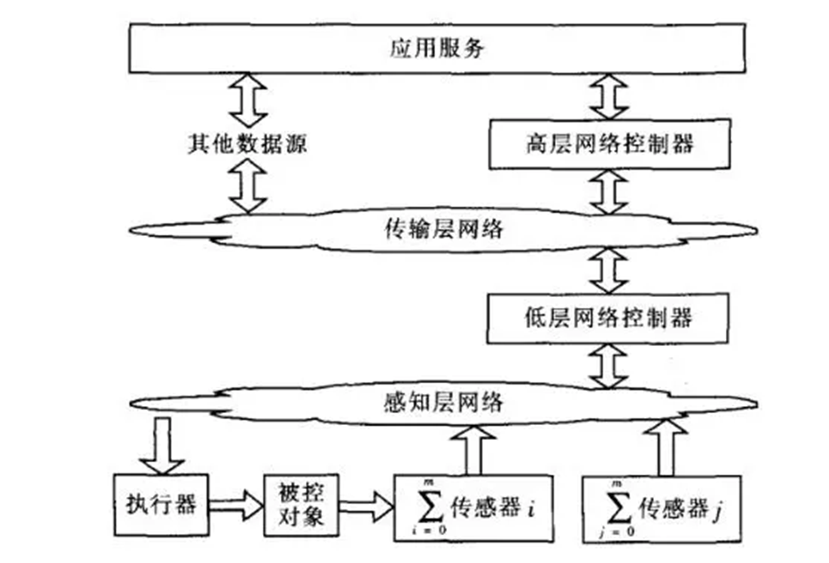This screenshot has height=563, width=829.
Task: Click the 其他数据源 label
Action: tap(247, 144)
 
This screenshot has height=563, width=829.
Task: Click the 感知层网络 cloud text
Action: tap(442, 403)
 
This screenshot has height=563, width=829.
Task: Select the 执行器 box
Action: tap(162, 505)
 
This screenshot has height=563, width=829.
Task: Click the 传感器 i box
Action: tap(472, 508)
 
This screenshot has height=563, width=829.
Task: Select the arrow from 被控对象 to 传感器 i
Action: tap(367, 505)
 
